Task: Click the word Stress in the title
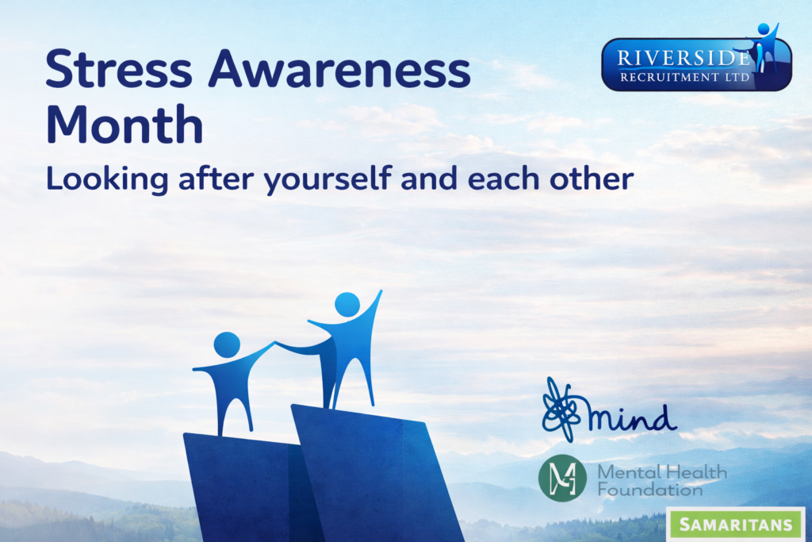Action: [x=119, y=69]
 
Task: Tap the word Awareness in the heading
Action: [x=339, y=69]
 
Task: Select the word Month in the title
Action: [x=124, y=125]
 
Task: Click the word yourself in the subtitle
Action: [x=327, y=179]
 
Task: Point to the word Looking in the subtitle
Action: [x=107, y=179]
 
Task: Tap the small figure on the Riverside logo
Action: [x=763, y=47]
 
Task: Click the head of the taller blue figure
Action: [x=347, y=304]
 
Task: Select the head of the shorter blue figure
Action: [x=227, y=344]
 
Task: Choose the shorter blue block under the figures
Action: [x=247, y=487]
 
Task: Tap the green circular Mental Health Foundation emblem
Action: [x=562, y=478]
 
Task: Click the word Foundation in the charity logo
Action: [x=650, y=489]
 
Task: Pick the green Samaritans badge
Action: [x=735, y=524]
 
